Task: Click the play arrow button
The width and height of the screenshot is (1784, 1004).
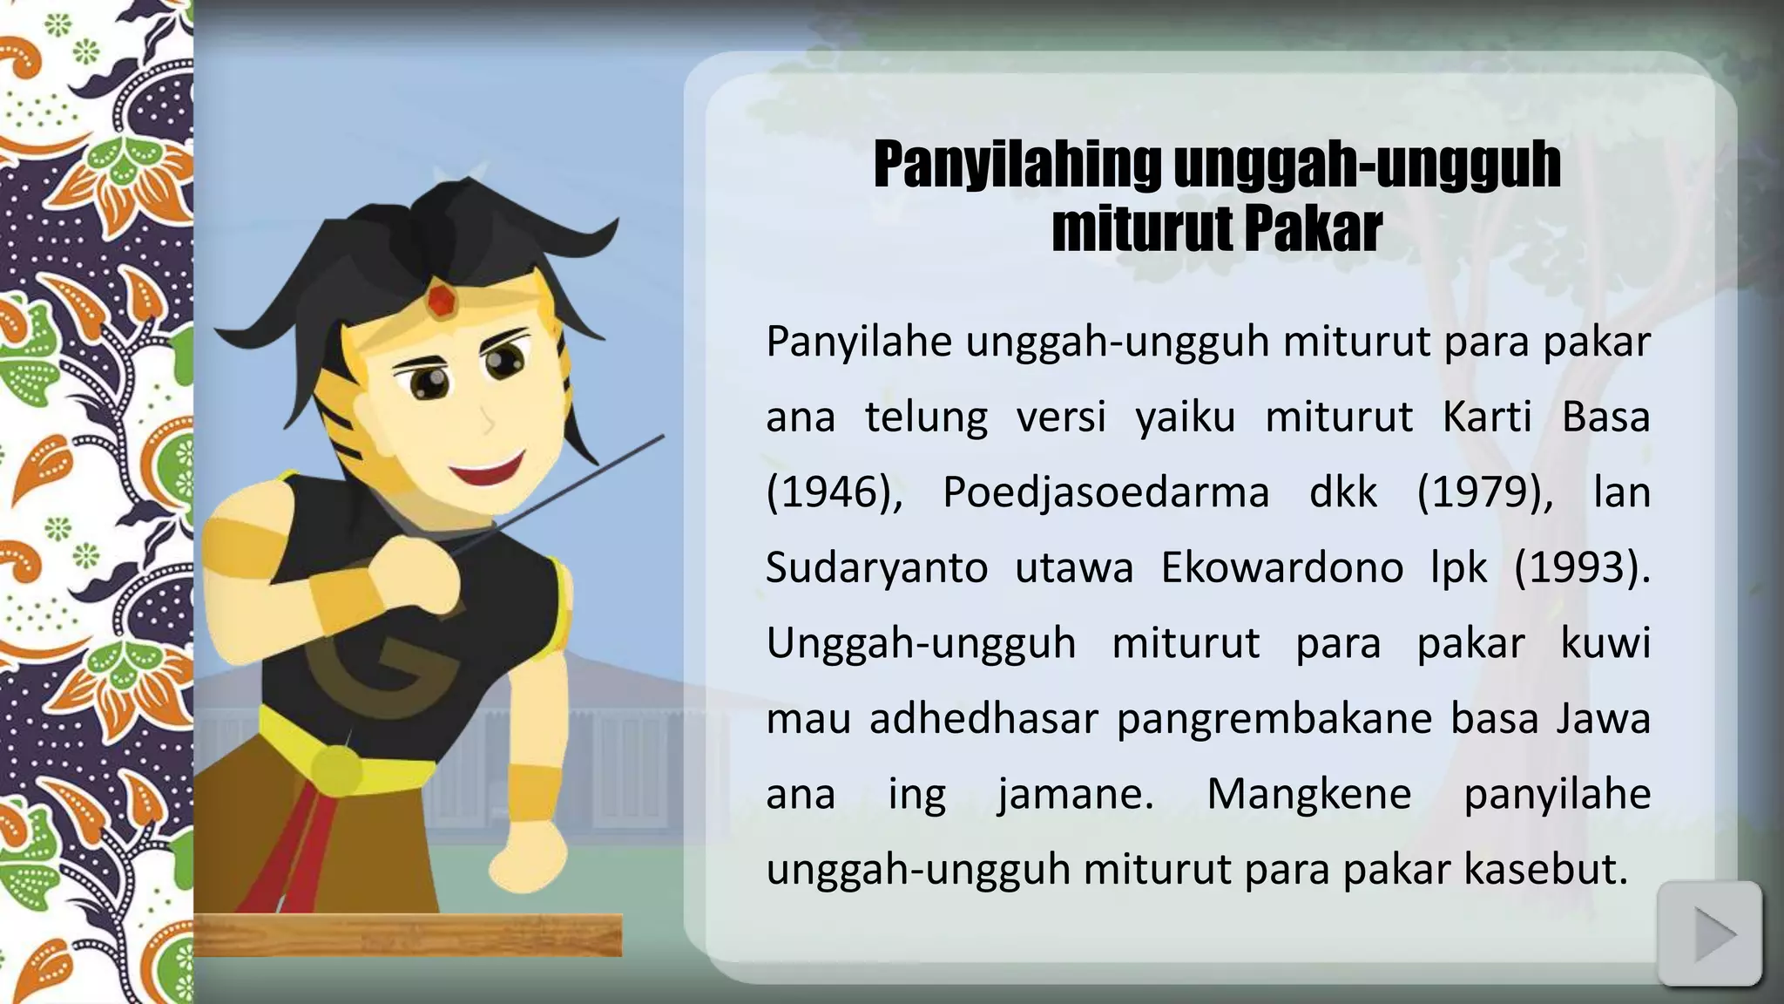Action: pos(1709,934)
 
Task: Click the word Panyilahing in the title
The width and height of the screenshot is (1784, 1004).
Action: pos(1017,165)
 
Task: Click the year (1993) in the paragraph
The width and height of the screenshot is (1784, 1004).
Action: pos(1581,568)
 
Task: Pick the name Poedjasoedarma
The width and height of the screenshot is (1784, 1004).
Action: pos(1106,492)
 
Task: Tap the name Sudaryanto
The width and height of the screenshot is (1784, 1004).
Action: pos(876,568)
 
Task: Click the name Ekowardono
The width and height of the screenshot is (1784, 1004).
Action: pos(1281,568)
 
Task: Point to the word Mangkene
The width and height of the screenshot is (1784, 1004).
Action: pos(1308,794)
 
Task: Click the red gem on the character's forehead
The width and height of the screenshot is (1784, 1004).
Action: pos(443,301)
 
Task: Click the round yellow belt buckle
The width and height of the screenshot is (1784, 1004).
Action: pos(336,769)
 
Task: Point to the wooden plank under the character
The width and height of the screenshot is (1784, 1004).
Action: pos(408,936)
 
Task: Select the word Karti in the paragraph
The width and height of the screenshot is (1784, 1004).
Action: pos(1486,417)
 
